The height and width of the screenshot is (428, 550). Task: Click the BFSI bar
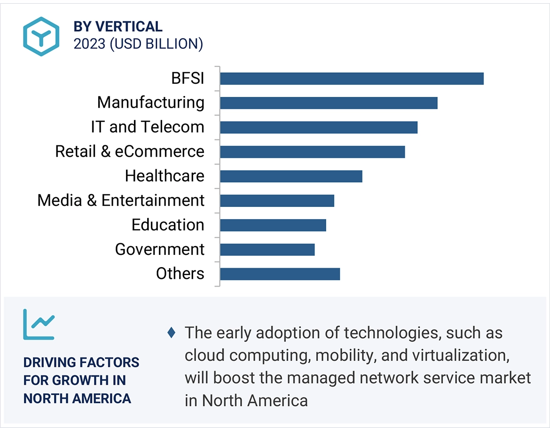pos(352,79)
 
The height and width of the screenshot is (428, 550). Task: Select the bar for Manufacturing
pos(329,103)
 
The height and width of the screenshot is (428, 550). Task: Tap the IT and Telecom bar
pos(319,127)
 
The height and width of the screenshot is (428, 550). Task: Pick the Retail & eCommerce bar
pos(312,152)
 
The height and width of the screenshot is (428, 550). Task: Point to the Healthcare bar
pos(291,176)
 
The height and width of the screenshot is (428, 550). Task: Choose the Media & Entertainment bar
pos(277,201)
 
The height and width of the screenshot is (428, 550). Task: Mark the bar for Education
pos(273,225)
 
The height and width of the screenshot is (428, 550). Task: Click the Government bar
pos(267,250)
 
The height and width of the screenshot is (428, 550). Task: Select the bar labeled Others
pos(280,274)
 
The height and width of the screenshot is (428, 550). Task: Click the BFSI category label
pos(188,78)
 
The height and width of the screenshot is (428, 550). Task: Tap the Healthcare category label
pos(165,176)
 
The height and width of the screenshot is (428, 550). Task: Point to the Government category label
pos(160,249)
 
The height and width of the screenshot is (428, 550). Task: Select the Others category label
pos(180,274)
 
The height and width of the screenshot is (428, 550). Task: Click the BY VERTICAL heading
pos(118,27)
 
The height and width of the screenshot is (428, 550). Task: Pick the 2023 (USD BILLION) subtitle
pos(138,44)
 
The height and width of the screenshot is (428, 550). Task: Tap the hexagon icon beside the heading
pos(41,36)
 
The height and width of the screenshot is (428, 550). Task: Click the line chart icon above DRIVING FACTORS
pos(39,324)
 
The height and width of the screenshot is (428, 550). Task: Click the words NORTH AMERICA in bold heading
pos(77,398)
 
